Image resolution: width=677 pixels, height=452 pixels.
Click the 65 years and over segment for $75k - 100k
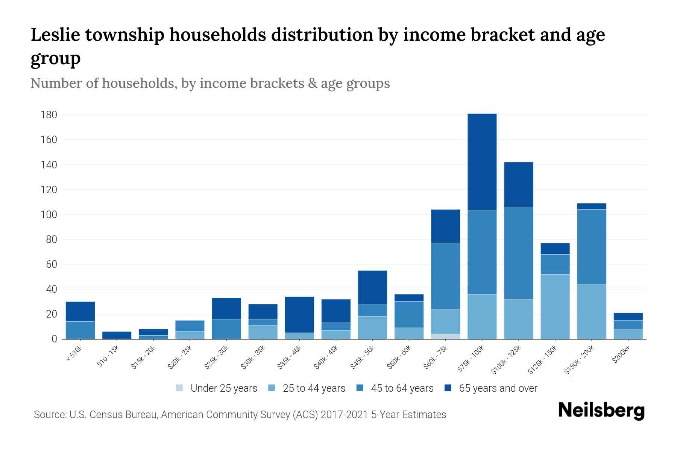482,162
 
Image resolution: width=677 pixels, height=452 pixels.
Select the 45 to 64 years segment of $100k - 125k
519,253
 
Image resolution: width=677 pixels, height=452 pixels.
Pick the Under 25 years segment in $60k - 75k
445,336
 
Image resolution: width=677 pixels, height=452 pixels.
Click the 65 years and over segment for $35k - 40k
299,315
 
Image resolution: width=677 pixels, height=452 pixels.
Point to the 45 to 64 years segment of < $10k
80,330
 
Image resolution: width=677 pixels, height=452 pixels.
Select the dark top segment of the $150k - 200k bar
592,206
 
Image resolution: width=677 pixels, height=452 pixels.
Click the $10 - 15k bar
117,335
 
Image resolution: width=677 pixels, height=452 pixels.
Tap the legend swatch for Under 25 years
180,388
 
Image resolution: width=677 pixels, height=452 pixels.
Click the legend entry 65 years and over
498,388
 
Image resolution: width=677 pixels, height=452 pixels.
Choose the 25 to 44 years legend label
314,388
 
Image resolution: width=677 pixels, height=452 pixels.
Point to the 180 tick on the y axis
49,115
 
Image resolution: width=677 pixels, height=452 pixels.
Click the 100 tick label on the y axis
49,215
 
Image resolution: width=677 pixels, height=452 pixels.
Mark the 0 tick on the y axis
54,339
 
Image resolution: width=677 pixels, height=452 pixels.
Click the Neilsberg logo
601,411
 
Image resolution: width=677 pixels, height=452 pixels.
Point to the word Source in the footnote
49,415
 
